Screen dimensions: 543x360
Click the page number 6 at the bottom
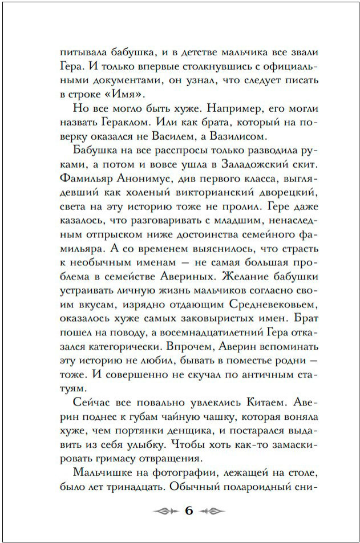189,510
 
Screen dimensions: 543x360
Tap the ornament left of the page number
165,510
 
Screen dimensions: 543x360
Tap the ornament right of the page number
212,510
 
